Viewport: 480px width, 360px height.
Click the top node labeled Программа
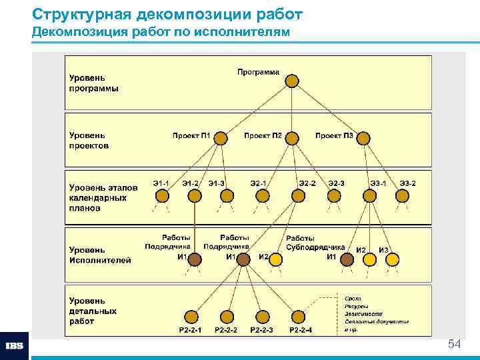[292, 81]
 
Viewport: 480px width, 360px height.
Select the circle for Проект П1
[221, 138]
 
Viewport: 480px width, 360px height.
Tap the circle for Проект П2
[293, 138]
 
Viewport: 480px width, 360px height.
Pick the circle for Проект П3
[363, 138]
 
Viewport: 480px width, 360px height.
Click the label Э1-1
[161, 183]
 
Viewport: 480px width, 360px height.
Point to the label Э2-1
[259, 183]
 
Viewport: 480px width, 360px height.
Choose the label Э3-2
[407, 183]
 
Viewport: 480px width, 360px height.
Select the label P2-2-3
[261, 330]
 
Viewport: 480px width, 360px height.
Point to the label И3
[384, 250]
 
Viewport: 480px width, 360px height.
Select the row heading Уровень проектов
[89, 140]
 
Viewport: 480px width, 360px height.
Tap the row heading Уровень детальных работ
[93, 311]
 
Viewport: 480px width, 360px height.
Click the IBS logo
[15, 346]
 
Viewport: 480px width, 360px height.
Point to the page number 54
[455, 344]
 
